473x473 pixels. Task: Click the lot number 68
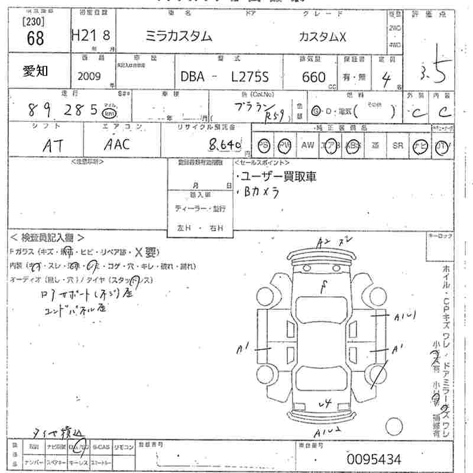pos(35,39)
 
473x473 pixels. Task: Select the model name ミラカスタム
pos(179,36)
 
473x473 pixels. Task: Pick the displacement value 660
pos(313,77)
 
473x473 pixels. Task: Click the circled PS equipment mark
pos(263,146)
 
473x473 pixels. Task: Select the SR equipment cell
pos(397,145)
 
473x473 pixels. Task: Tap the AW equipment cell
pos(307,145)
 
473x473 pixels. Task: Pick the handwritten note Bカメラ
pos(261,192)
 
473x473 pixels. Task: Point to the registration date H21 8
pos(90,37)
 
